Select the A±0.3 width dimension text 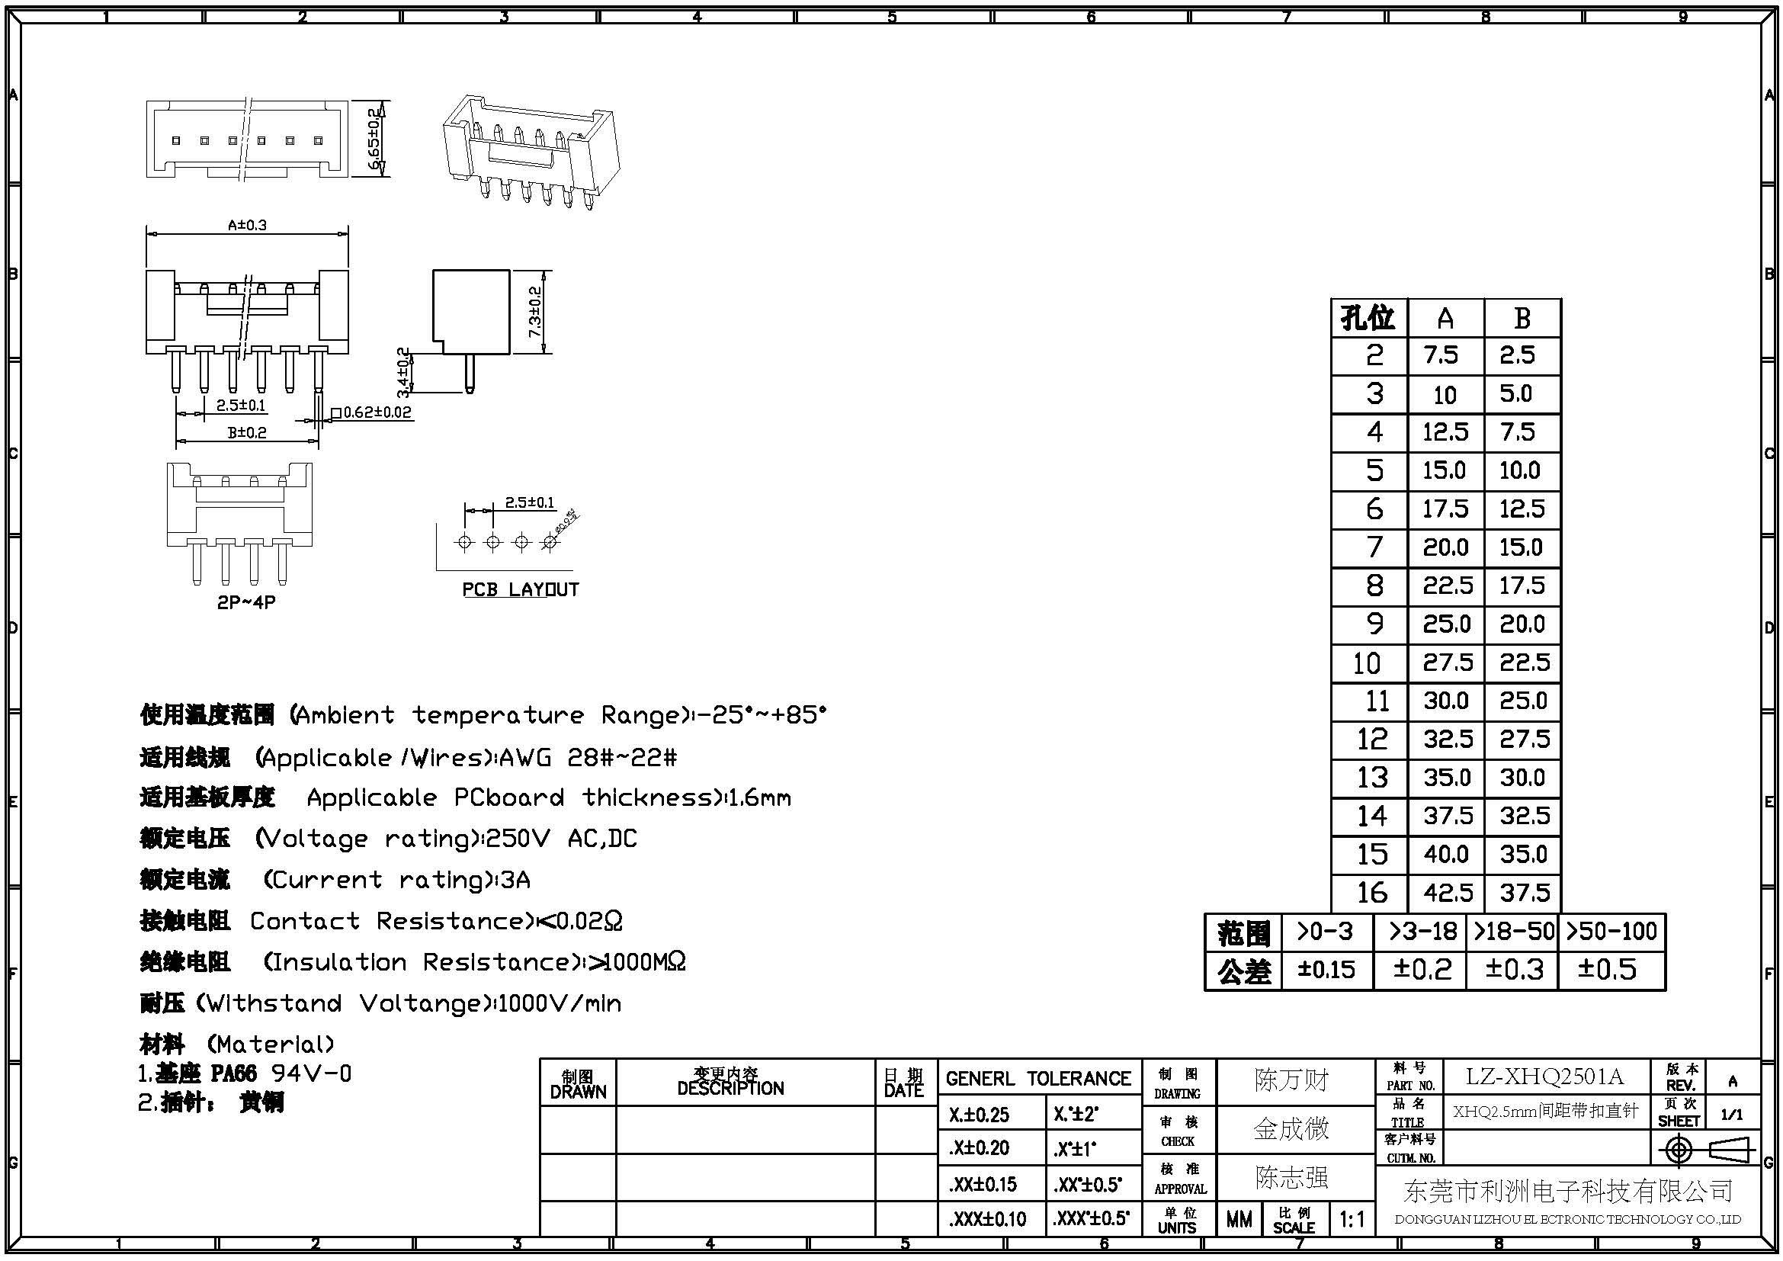click(247, 225)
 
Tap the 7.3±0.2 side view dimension click(536, 311)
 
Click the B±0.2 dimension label click(247, 432)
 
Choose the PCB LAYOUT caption click(521, 589)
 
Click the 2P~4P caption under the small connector click(246, 602)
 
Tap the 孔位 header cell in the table click(1368, 318)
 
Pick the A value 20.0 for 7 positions click(1445, 548)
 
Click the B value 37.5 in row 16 click(1525, 893)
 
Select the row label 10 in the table click(1368, 663)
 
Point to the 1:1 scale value click(1352, 1220)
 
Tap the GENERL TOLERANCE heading click(1038, 1079)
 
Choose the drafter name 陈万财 click(1291, 1080)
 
